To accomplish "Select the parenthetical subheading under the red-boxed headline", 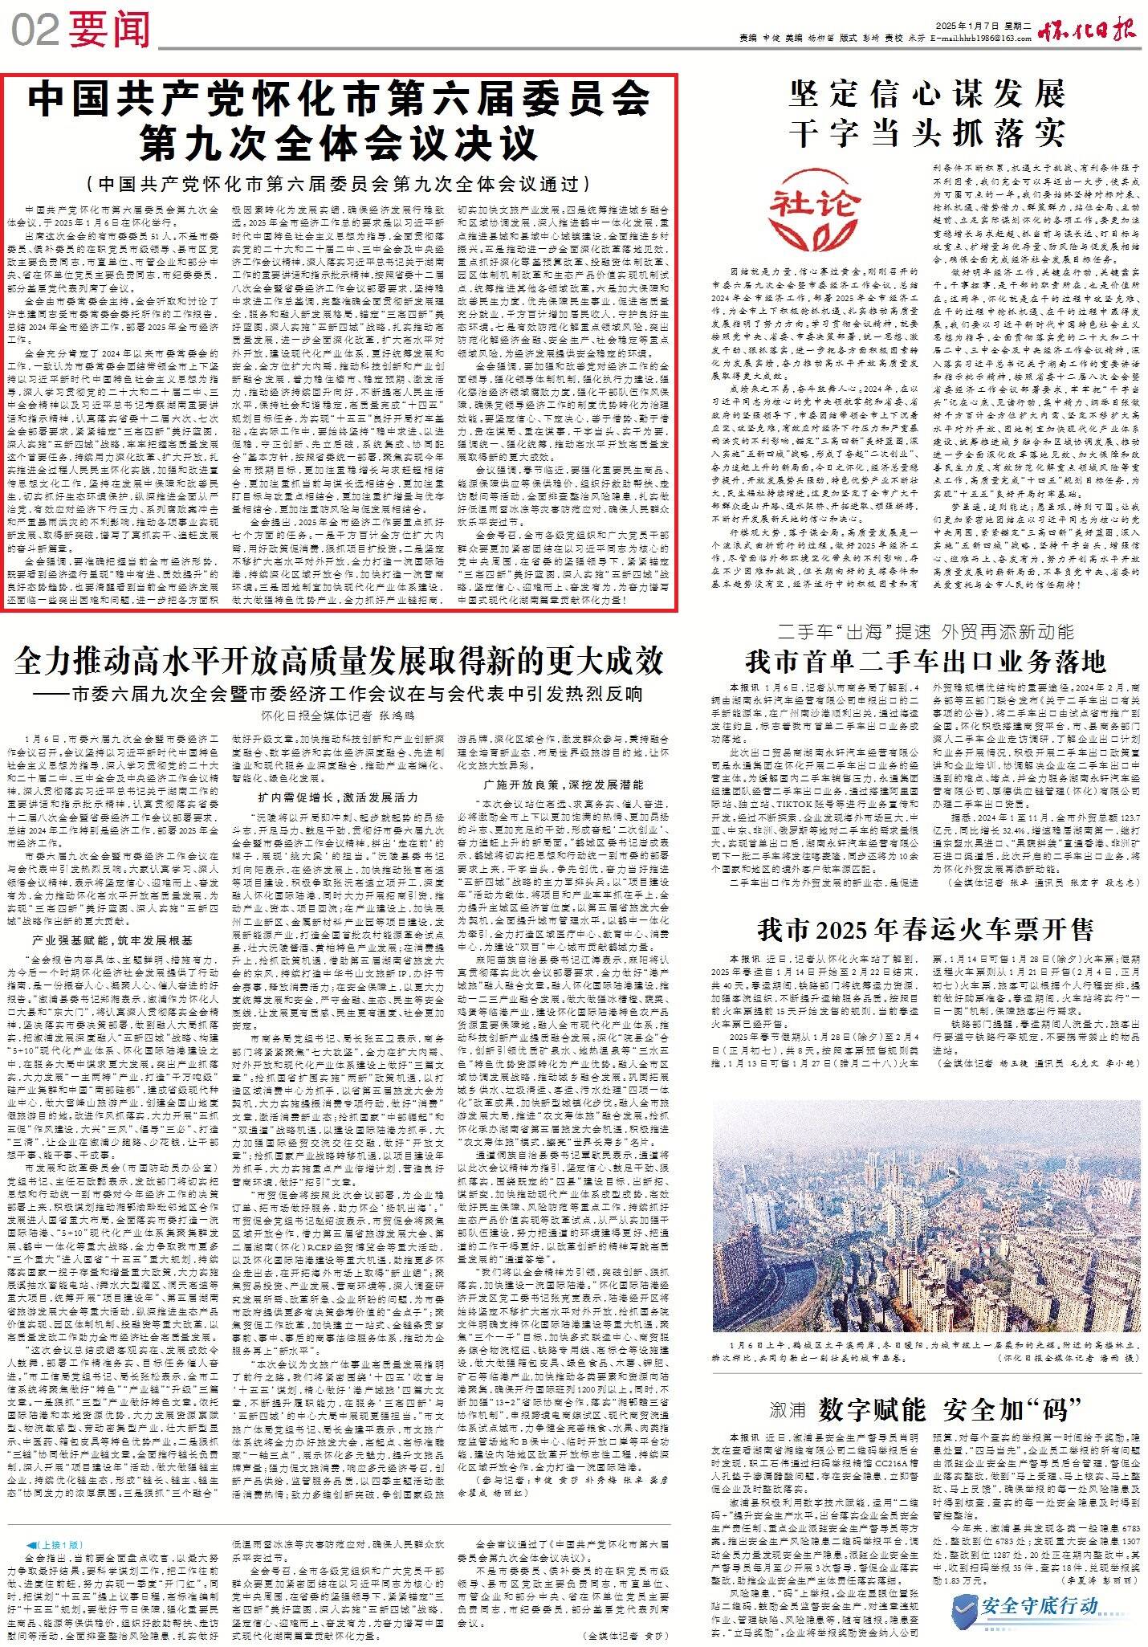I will coord(340,184).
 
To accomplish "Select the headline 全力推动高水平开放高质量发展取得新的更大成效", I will coord(340,661).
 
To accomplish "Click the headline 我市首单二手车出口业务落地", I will coord(925,661).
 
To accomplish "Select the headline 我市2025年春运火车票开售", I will coord(925,930).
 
